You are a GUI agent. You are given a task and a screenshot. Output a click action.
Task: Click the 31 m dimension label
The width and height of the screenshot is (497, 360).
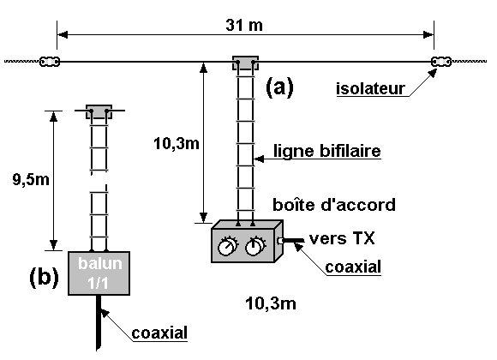tap(244, 25)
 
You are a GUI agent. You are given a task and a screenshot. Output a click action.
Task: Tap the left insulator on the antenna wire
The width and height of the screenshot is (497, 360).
tap(50, 62)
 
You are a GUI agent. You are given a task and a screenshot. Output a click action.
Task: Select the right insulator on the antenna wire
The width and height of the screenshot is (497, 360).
tap(441, 62)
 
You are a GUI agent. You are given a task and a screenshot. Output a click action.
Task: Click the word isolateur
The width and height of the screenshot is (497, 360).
tap(370, 88)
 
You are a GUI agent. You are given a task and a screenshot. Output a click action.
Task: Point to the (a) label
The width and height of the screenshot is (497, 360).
tap(279, 87)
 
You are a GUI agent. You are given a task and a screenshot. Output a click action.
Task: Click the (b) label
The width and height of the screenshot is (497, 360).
tap(44, 277)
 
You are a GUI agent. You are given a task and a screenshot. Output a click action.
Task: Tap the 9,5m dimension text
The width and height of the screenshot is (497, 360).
tap(31, 180)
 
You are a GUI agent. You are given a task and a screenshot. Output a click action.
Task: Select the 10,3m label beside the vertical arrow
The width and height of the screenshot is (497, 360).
tap(177, 144)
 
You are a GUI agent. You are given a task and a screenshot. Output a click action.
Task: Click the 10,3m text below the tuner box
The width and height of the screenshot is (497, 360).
tap(271, 303)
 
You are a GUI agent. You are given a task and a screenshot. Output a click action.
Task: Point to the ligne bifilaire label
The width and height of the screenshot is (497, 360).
tap(326, 151)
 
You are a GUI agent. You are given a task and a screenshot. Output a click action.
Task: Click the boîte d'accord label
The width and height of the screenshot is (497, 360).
tap(334, 205)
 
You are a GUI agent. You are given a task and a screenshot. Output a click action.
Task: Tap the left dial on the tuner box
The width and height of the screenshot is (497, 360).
tap(227, 246)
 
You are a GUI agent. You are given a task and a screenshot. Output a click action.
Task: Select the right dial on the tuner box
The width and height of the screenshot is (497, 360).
tap(255, 246)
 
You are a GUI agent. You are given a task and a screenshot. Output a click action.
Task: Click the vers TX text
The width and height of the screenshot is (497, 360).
tap(342, 238)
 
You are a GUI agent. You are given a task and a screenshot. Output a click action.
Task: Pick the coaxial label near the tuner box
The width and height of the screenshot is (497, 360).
tap(353, 267)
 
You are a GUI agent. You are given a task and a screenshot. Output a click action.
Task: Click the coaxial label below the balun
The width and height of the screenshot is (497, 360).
tap(159, 333)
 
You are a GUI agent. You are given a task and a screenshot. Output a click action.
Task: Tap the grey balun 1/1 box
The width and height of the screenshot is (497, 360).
tap(99, 273)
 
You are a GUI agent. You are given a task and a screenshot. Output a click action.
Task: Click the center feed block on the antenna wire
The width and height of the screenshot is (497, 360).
tap(245, 63)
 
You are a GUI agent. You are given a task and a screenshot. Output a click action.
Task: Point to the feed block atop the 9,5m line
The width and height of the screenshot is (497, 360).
tap(99, 111)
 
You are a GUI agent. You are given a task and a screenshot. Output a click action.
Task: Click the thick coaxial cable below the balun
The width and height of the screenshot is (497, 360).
tap(99, 323)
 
